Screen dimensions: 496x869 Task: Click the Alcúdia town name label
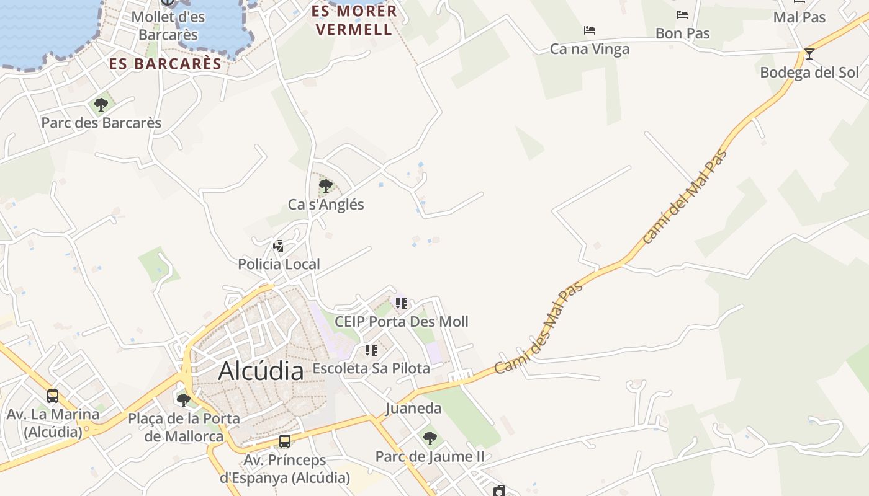click(x=261, y=371)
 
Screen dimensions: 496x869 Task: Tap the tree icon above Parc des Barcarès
click(x=101, y=105)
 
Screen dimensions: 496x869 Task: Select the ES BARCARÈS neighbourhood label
click(x=165, y=63)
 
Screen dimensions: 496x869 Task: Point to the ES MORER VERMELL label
click(x=354, y=20)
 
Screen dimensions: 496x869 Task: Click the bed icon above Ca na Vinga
click(x=590, y=30)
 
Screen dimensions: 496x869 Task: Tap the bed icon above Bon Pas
click(x=682, y=15)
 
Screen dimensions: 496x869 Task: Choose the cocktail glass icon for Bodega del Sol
click(x=809, y=54)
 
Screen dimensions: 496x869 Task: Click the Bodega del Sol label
click(x=809, y=73)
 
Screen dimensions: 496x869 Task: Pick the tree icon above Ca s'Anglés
click(x=325, y=185)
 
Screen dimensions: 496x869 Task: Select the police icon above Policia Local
click(x=279, y=246)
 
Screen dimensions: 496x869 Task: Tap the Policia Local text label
click(x=279, y=264)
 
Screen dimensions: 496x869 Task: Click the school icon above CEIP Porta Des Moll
click(x=402, y=303)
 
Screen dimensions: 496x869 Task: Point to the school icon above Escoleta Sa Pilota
click(x=371, y=350)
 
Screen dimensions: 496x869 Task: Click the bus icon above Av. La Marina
click(x=53, y=396)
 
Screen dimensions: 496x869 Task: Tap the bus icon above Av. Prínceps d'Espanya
click(x=285, y=441)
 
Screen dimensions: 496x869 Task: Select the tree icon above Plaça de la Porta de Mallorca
click(x=183, y=400)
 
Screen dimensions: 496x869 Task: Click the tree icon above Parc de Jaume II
click(x=430, y=438)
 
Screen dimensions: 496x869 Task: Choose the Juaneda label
click(x=413, y=408)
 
